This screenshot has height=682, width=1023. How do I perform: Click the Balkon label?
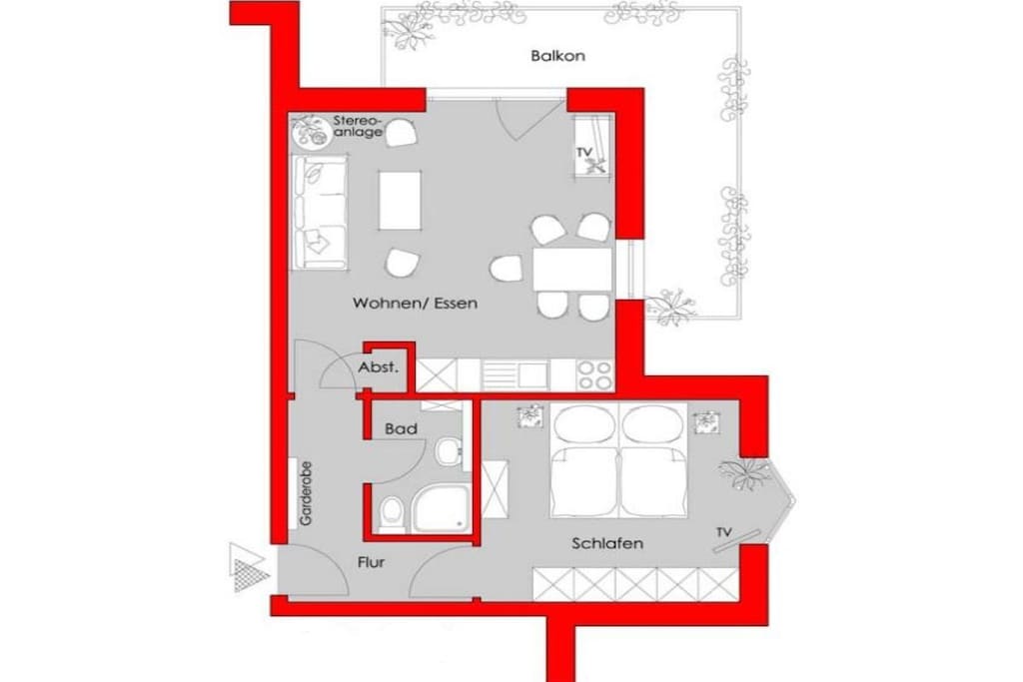coord(557,56)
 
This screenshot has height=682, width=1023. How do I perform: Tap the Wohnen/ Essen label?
coord(415,304)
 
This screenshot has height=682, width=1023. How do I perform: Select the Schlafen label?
coord(607,543)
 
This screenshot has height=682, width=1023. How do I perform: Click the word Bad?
coord(402,429)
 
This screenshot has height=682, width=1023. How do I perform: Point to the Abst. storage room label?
coord(378,367)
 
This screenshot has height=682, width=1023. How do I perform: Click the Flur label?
coord(371,562)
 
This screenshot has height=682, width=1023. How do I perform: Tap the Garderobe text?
coord(306,493)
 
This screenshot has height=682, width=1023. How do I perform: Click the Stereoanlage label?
coord(358,127)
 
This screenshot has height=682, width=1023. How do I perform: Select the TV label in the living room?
coord(583,153)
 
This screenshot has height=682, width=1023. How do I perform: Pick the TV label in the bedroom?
coord(723,532)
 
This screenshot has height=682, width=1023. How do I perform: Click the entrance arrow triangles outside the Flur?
coord(249,567)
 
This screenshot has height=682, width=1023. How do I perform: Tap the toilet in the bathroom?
coord(392,514)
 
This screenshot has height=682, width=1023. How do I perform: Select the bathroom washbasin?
coord(449,451)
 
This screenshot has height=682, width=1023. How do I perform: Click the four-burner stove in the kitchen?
coord(595,375)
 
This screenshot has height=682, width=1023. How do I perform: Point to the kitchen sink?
coord(515,375)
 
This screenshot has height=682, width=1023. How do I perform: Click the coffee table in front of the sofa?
coord(400,200)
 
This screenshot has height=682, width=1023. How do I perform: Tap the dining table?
coord(572,269)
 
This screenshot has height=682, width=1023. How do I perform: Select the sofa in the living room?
coord(319,212)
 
